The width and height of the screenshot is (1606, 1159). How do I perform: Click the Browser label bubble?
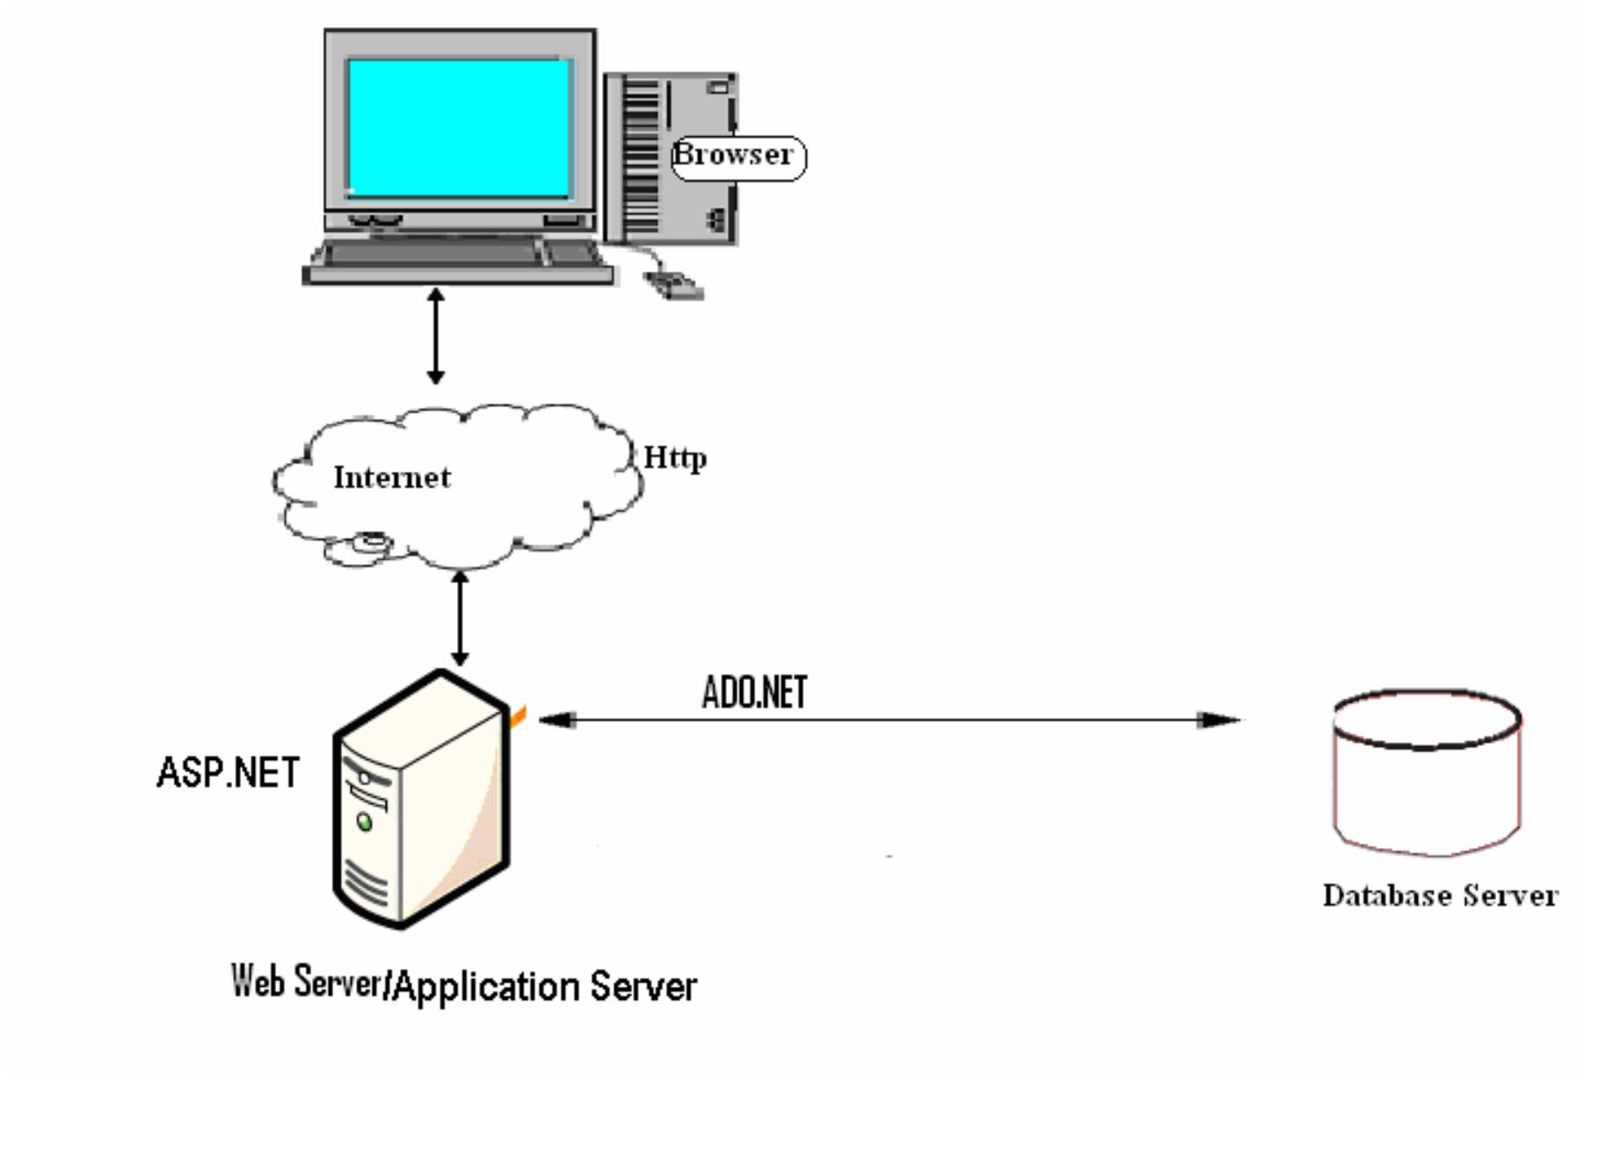tap(737, 157)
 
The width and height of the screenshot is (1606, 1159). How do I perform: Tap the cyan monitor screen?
tap(458, 128)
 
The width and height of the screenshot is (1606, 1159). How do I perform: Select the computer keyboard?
tap(457, 257)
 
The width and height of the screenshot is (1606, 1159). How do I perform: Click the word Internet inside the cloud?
tap(392, 478)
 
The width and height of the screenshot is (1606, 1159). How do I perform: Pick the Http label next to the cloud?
tap(674, 458)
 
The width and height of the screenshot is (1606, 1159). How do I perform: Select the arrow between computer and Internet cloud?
tap(435, 336)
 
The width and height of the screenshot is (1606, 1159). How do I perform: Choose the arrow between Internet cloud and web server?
tap(459, 619)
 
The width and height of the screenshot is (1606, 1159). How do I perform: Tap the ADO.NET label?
tap(754, 692)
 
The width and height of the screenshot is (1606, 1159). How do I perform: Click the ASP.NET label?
tap(228, 773)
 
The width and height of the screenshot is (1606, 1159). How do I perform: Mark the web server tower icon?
tap(422, 800)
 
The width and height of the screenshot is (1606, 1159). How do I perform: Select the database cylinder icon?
tap(1427, 771)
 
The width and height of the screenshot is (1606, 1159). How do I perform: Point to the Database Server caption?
tap(1440, 896)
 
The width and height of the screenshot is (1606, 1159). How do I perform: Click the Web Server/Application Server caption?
tap(463, 984)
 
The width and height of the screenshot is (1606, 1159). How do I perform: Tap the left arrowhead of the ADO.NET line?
tap(556, 721)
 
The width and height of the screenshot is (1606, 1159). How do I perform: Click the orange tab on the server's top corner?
tap(518, 717)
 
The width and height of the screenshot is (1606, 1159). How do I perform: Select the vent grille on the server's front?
tap(364, 883)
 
